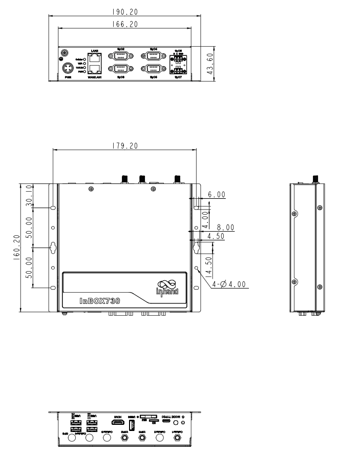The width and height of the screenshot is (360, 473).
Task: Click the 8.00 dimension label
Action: tap(225, 228)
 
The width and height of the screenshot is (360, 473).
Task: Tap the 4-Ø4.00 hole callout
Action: tap(228, 284)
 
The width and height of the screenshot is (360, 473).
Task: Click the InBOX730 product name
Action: tap(100, 301)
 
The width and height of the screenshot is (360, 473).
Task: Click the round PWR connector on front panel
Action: tap(67, 68)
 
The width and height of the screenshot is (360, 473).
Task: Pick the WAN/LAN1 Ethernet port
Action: tap(94, 69)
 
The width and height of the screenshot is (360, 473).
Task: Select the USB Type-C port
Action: tap(169, 425)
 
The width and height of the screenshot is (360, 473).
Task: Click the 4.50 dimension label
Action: tap(216, 236)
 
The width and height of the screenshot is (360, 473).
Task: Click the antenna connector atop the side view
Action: tap(315, 179)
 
